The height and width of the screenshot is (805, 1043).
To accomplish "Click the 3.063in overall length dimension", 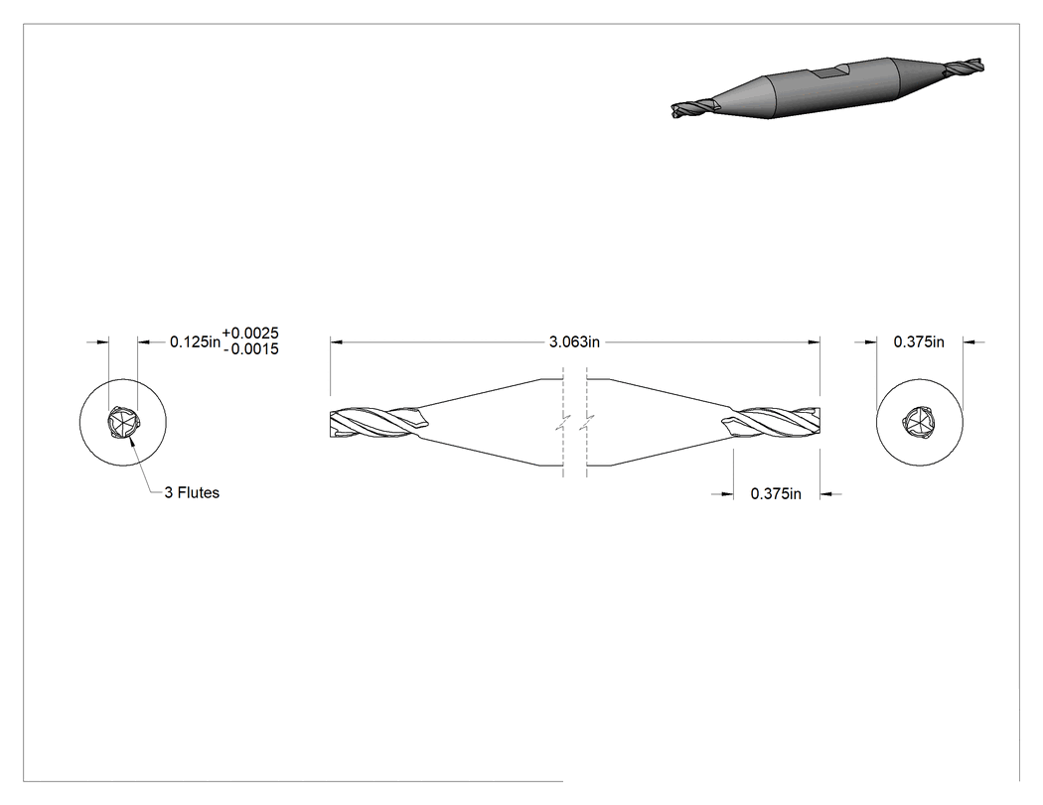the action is click(574, 341).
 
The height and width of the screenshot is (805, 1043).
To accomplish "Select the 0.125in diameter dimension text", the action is click(195, 341).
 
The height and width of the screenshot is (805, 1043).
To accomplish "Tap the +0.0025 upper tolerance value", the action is click(250, 334).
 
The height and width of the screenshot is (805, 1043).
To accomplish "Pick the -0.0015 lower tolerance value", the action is click(250, 349).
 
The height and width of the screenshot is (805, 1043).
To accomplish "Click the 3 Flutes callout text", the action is click(192, 492).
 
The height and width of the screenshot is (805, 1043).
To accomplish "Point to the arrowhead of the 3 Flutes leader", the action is click(132, 442).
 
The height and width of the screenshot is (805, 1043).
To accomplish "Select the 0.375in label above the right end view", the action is click(919, 341).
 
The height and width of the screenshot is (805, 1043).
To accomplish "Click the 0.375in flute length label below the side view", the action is click(776, 494).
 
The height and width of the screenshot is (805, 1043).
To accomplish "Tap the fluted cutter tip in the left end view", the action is click(123, 423).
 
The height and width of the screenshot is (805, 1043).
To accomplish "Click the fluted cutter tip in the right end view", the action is click(919, 423).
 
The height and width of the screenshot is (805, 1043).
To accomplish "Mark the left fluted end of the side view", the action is click(377, 423).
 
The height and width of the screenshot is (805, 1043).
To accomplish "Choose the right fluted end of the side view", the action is click(772, 423).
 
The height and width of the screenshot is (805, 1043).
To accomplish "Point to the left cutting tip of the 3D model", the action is click(691, 108).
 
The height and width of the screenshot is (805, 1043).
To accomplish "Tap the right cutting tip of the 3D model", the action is click(964, 67).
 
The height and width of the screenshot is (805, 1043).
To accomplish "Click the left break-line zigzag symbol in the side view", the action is click(563, 422).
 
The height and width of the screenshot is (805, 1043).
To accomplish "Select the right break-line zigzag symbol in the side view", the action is click(587, 422).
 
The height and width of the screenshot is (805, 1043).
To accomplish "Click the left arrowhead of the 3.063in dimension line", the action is click(336, 341).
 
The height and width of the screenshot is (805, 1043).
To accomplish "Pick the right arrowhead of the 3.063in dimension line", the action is click(815, 341).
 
